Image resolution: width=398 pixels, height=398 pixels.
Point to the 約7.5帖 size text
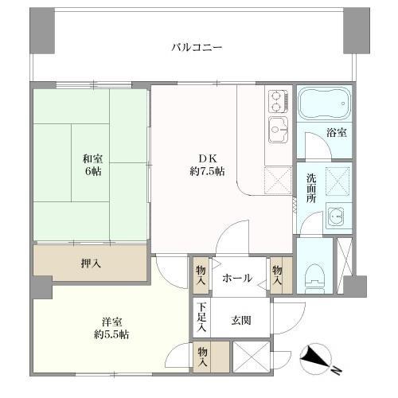point(206,171)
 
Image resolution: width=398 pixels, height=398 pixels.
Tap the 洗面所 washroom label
point(312,189)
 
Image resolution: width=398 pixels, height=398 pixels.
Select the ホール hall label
point(236,278)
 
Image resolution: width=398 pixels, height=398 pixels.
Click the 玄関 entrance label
point(241,321)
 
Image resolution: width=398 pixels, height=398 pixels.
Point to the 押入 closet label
point(89,263)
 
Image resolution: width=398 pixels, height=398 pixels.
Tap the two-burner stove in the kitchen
point(277,99)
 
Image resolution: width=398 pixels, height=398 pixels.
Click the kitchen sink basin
point(278,128)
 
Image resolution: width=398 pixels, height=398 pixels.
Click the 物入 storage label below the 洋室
point(203,356)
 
